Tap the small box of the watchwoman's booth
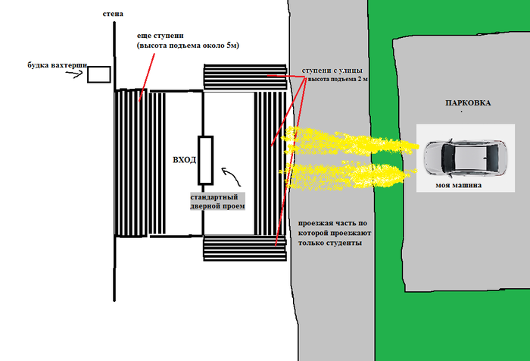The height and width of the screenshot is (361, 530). [x=98, y=74]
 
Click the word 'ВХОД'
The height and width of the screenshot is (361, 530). [x=185, y=160]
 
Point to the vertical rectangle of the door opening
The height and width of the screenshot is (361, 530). [x=205, y=160]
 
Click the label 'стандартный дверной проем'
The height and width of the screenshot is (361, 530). [x=217, y=201]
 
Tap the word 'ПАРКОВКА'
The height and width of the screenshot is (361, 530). [x=468, y=103]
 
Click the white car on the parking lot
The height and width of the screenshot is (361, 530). [x=464, y=157]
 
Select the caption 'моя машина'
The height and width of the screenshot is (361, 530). [x=460, y=184]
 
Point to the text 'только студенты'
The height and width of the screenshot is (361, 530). [x=329, y=243]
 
